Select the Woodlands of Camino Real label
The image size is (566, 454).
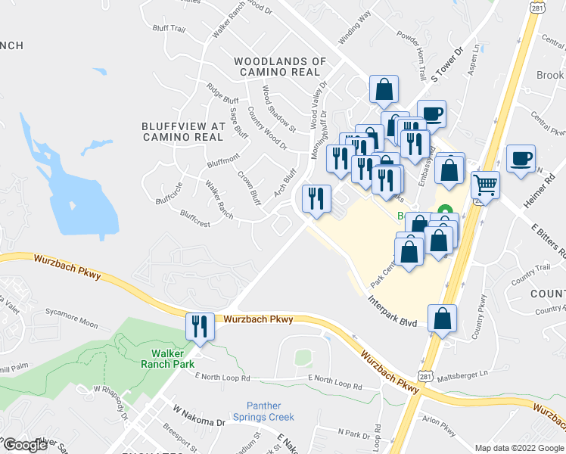tap(280, 67)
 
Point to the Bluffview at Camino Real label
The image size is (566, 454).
tap(183, 132)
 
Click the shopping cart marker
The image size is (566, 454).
tap(485, 184)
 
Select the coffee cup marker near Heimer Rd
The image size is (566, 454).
tap(521, 159)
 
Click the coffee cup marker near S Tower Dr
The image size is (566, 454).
tap(431, 114)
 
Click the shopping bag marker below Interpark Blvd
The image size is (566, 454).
tap(442, 319)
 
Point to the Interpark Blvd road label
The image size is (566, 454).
tap(393, 312)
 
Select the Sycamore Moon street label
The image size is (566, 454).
tap(71, 325)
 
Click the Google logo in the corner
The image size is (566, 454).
tap(25, 445)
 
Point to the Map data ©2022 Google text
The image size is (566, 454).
tap(519, 448)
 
